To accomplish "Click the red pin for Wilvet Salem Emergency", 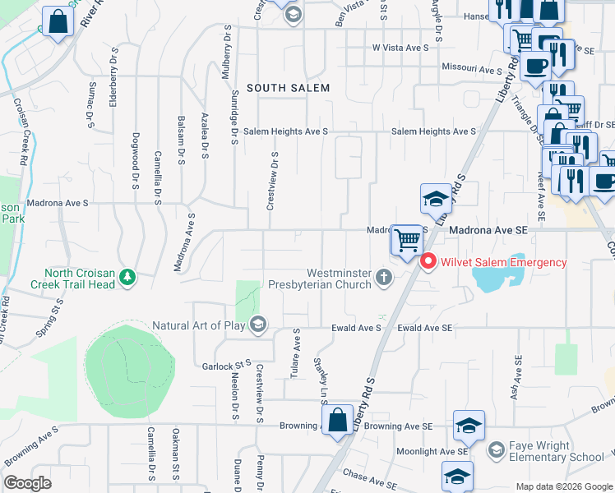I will coord(428,262).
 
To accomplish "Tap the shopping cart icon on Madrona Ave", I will coord(406,241).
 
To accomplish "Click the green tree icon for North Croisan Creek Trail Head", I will coord(127,278).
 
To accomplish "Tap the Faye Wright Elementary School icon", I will coord(496,451).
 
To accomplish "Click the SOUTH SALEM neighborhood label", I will coord(288,88).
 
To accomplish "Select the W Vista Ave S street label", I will coord(400,48).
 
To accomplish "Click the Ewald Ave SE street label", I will coord(425,328).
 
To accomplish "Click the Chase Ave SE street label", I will coord(370,475).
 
